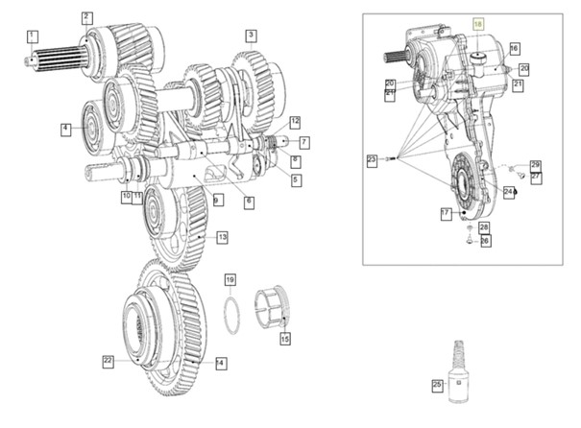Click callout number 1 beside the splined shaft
coord(32,36)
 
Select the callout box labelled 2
coord(86,17)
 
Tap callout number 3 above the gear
coord(251,36)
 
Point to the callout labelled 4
coord(66,128)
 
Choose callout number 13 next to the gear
coord(222,237)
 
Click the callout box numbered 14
coord(221,363)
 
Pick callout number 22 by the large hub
coord(109,361)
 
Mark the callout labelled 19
coord(230,279)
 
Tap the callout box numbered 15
coord(284,339)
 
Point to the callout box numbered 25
coord(438,386)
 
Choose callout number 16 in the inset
coord(514,48)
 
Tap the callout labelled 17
coord(446,213)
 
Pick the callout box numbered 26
coord(485,241)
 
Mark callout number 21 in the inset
coord(517,85)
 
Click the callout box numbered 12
coord(295,121)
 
